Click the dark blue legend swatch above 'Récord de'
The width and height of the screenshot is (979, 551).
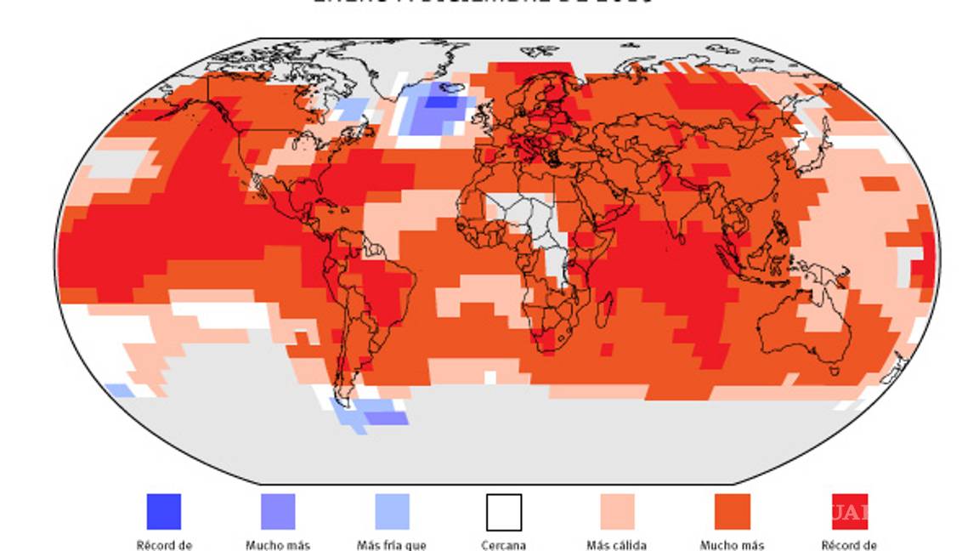163,512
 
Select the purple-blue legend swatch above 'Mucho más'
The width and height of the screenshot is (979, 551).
278,512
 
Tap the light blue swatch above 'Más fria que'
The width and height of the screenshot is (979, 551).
392,512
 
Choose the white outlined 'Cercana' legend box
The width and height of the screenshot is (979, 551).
504,512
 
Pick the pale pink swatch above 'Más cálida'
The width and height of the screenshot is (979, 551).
617,512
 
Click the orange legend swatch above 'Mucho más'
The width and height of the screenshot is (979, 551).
732,512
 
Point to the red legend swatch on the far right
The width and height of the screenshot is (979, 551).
849,512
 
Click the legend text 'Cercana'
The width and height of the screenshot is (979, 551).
504,545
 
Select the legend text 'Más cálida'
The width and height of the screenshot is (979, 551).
617,545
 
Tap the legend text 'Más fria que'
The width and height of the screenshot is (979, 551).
392,545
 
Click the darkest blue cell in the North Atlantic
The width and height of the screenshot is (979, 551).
440,102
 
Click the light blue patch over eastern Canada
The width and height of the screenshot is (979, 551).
348,109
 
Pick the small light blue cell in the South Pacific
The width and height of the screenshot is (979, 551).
120,389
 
